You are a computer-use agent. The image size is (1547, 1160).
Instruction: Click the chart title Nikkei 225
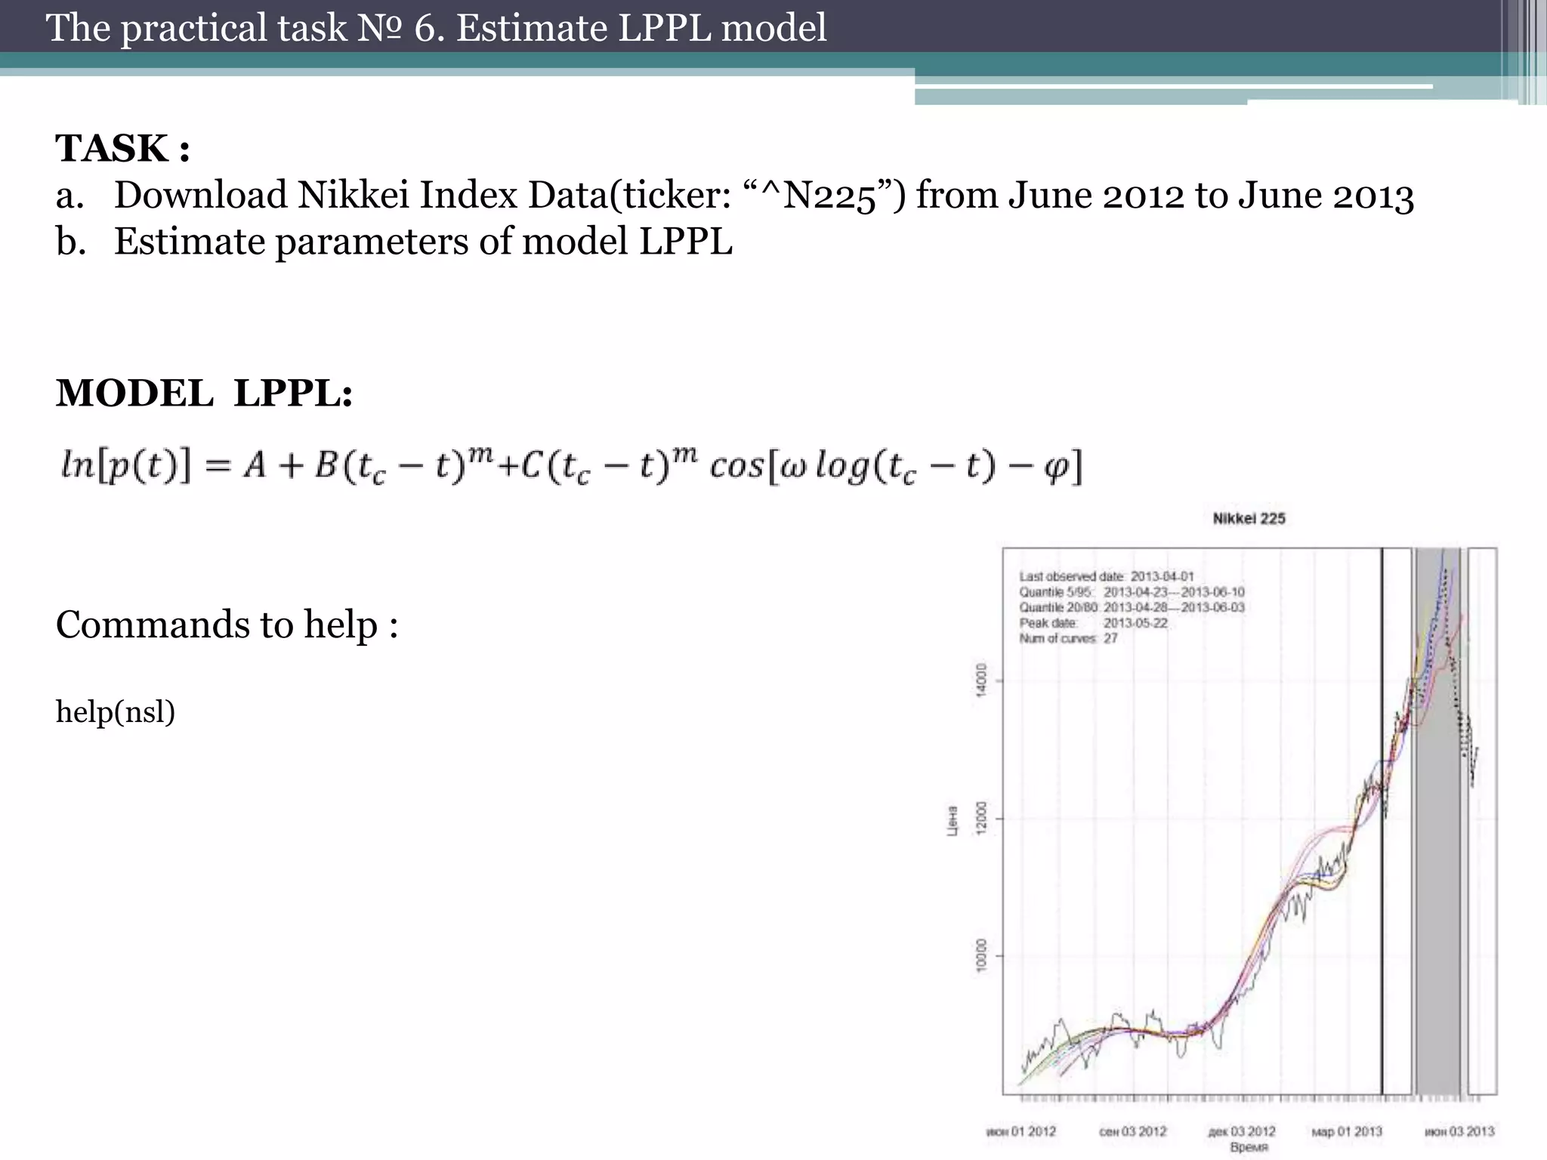click(1249, 519)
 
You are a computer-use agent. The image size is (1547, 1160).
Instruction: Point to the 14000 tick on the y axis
click(980, 680)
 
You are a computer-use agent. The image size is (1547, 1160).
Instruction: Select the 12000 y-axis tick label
click(980, 819)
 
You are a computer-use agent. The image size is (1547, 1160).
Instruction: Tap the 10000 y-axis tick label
click(980, 955)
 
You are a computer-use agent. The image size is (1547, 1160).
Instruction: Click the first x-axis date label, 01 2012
click(1021, 1131)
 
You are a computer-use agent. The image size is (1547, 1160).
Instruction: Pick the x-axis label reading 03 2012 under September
click(1132, 1131)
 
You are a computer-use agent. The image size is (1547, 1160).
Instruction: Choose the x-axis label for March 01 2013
click(1347, 1131)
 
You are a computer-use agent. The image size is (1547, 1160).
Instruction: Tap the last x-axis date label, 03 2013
click(1459, 1131)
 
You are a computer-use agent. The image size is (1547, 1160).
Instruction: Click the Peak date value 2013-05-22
click(1135, 623)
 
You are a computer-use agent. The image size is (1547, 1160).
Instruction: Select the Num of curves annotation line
click(1068, 639)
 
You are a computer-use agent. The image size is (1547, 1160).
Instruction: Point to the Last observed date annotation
click(1106, 576)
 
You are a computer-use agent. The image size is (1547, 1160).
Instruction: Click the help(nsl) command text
click(116, 711)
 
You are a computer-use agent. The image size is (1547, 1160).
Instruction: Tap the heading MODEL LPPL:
click(204, 393)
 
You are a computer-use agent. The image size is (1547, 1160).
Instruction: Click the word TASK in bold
click(112, 148)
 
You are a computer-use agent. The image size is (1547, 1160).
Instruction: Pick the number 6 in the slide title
click(425, 29)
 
